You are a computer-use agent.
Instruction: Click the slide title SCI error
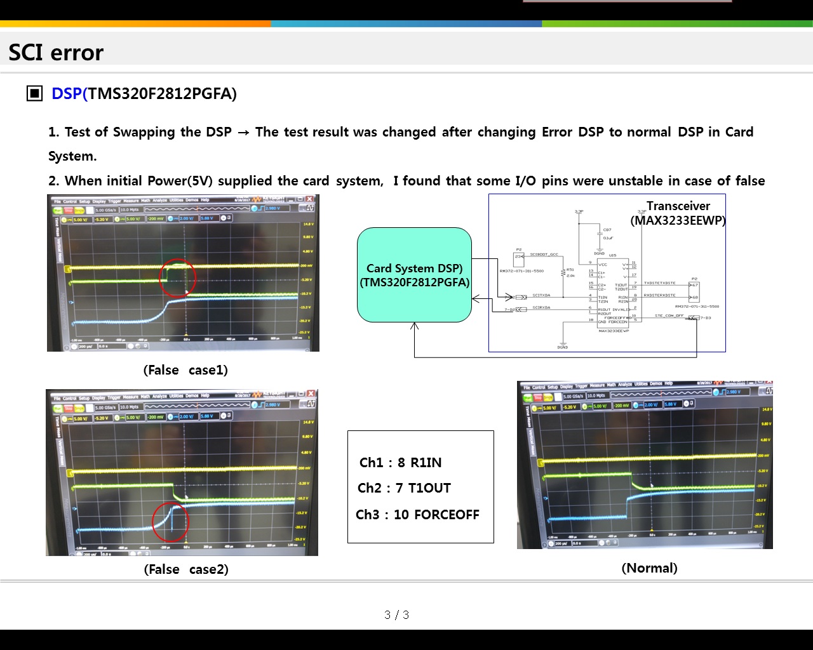click(56, 53)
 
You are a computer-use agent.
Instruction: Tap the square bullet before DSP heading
click(34, 94)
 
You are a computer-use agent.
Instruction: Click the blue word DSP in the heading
click(67, 94)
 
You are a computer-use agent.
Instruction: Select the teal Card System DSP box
click(414, 275)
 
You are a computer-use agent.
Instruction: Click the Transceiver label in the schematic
click(678, 206)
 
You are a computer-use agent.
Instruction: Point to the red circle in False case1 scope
click(177, 277)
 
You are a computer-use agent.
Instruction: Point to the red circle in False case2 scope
click(171, 521)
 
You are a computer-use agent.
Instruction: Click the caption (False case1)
click(185, 370)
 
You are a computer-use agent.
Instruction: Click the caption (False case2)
click(186, 569)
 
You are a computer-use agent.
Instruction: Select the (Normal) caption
click(649, 568)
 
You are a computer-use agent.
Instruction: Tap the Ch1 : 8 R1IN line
click(400, 463)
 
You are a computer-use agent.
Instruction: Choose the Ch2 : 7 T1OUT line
click(404, 488)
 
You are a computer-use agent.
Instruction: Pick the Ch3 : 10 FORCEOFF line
click(417, 515)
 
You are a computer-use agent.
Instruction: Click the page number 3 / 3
click(396, 614)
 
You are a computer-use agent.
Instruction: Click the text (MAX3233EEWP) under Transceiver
click(678, 221)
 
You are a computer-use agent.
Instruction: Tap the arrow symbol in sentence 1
click(243, 133)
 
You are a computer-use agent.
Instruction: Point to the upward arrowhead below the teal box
click(414, 326)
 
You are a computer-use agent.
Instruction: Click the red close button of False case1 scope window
click(310, 199)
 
